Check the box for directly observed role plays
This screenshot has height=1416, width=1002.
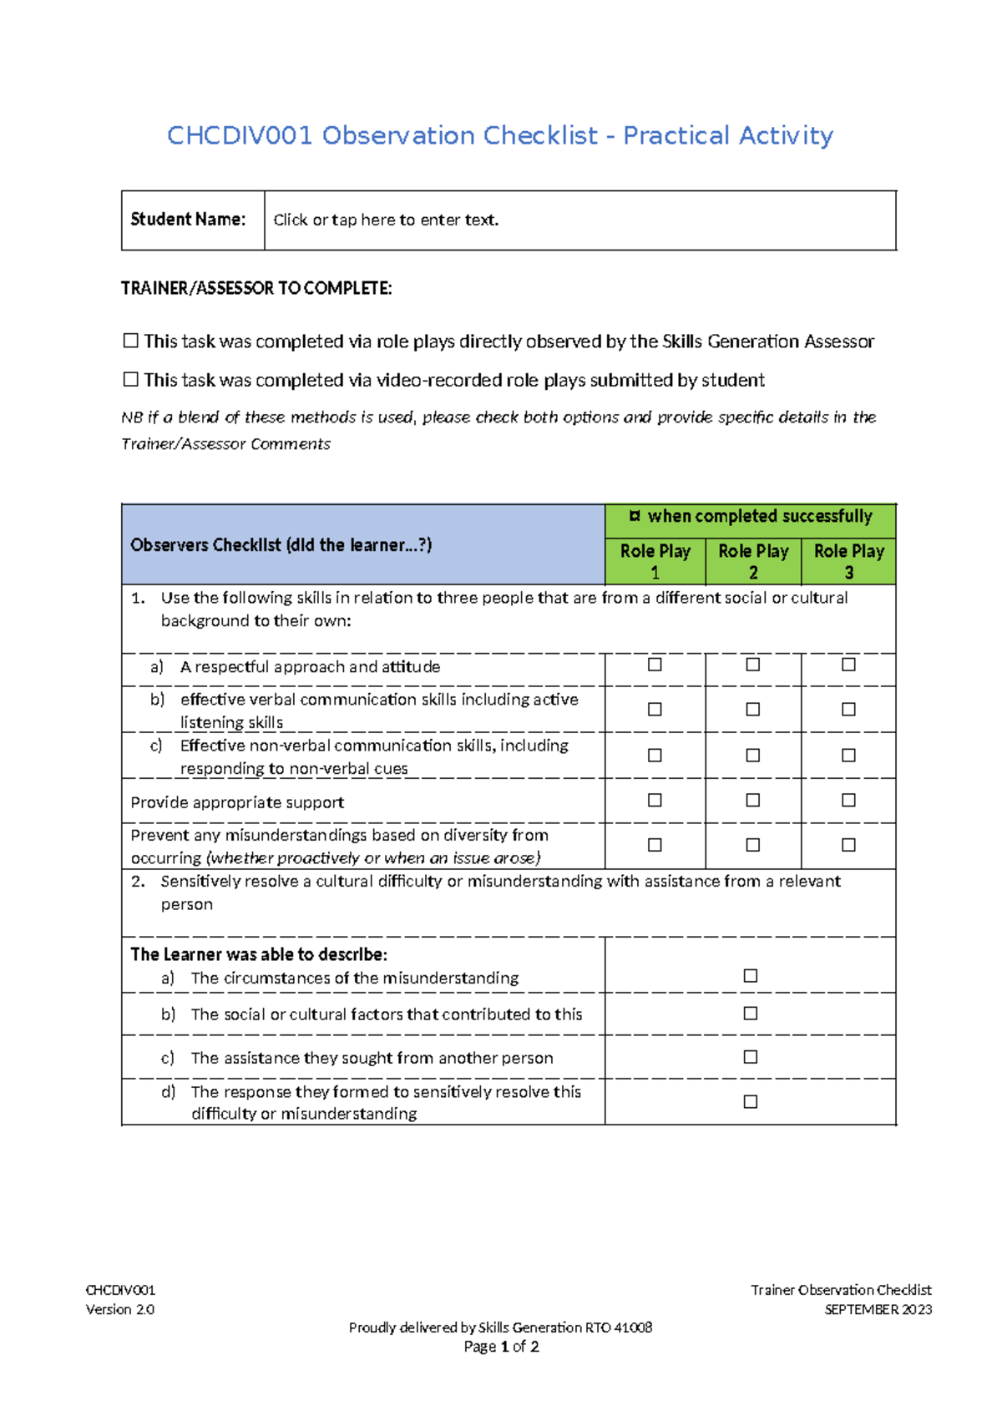click(x=131, y=341)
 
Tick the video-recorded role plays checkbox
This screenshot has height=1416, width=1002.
click(x=131, y=380)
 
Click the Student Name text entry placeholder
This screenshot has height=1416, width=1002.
click(x=386, y=220)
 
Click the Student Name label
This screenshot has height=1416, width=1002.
click(x=188, y=220)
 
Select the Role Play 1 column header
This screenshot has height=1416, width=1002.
click(x=655, y=561)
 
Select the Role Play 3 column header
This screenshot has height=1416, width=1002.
click(x=848, y=561)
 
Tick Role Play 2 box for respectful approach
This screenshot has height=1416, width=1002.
click(x=752, y=665)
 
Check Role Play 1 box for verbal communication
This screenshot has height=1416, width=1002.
click(x=655, y=710)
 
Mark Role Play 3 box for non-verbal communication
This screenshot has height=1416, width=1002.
click(x=848, y=756)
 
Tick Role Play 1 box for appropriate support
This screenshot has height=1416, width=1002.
click(x=655, y=801)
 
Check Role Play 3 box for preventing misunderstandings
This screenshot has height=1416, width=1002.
click(x=848, y=846)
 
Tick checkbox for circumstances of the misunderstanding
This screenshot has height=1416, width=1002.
click(x=750, y=976)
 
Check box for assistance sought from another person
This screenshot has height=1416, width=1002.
click(x=750, y=1057)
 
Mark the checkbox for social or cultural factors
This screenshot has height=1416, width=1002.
click(x=750, y=1014)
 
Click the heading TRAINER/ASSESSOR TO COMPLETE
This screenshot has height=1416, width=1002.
click(x=256, y=289)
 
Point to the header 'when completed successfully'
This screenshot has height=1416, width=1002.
click(x=759, y=517)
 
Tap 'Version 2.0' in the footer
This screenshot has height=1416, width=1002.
click(x=120, y=1309)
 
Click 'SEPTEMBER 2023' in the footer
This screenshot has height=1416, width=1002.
click(x=878, y=1309)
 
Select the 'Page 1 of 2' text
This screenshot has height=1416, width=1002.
click(x=501, y=1346)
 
